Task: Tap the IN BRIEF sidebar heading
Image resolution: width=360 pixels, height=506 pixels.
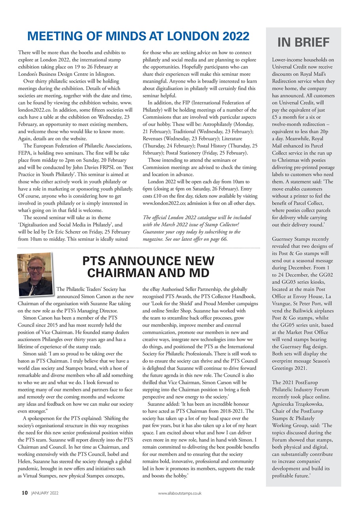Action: (303, 42)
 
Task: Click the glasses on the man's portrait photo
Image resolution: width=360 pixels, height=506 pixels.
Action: (35, 269)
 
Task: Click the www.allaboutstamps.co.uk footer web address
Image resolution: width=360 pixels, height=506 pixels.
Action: (180, 493)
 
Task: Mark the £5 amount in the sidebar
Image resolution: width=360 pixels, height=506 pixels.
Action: (276, 117)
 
